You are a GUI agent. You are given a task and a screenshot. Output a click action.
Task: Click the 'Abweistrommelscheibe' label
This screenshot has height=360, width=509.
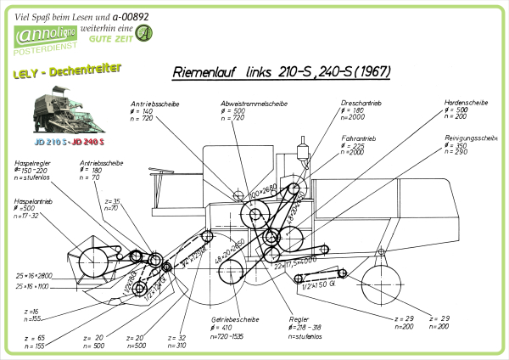(x=255, y=103)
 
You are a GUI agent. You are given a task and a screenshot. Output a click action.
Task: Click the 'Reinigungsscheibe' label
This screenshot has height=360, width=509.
(x=470, y=137)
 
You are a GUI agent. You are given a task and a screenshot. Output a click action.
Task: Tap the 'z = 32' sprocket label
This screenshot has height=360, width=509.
(x=176, y=337)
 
